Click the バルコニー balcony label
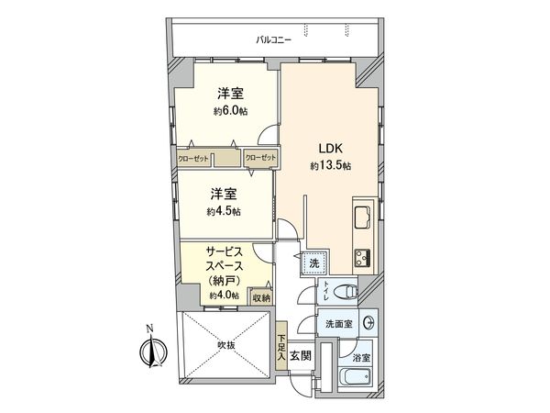tap(275, 40)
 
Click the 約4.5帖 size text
tap(225, 212)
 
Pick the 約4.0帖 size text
tap(224, 296)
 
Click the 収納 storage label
tap(261, 297)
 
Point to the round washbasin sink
tap(368, 324)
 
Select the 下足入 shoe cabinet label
tap(281, 345)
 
